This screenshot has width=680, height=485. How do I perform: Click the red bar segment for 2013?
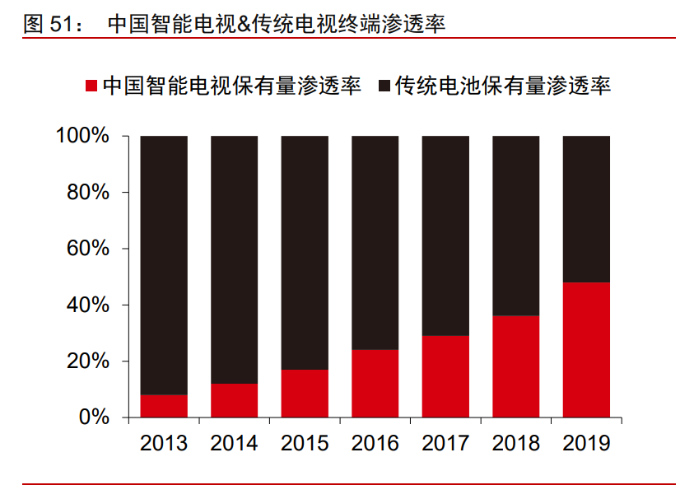(x=164, y=406)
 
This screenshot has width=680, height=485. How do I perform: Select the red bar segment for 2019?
(x=586, y=350)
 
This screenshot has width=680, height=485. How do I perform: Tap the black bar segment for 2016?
(x=375, y=243)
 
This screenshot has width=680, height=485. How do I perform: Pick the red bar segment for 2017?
(x=445, y=376)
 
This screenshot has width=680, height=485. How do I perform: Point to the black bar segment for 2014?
(x=235, y=259)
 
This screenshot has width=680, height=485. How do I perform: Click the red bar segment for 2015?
(x=305, y=394)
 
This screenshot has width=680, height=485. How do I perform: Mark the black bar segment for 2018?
(x=516, y=226)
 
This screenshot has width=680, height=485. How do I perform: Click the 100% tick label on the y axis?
(x=83, y=136)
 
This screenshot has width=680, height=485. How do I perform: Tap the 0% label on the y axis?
(x=94, y=417)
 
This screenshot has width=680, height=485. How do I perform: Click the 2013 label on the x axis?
(x=164, y=444)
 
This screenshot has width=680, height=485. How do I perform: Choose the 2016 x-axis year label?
(x=375, y=444)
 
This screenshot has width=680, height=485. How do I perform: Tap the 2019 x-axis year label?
(x=586, y=444)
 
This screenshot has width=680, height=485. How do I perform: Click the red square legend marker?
(x=91, y=86)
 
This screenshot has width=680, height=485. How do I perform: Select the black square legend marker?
(x=384, y=86)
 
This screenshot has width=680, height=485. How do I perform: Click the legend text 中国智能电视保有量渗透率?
(x=231, y=86)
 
